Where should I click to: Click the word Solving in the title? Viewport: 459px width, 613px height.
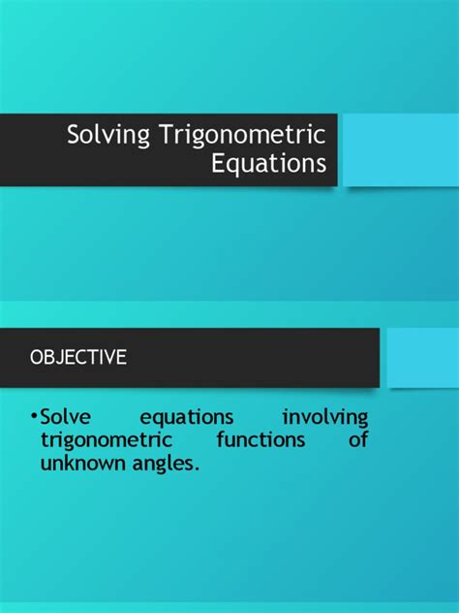(x=102, y=134)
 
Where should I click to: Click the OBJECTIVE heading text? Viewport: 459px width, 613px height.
(x=78, y=357)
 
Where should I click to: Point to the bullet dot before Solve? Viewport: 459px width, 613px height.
(x=33, y=418)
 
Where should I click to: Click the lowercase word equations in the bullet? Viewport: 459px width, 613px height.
(x=187, y=418)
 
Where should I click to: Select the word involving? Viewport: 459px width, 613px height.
(x=325, y=418)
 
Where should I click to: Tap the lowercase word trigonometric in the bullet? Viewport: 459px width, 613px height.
(x=106, y=441)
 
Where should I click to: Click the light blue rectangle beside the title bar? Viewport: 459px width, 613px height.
(x=399, y=149)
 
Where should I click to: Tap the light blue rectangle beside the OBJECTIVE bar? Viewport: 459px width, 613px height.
(x=421, y=357)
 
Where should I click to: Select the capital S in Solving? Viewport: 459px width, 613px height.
(x=73, y=134)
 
